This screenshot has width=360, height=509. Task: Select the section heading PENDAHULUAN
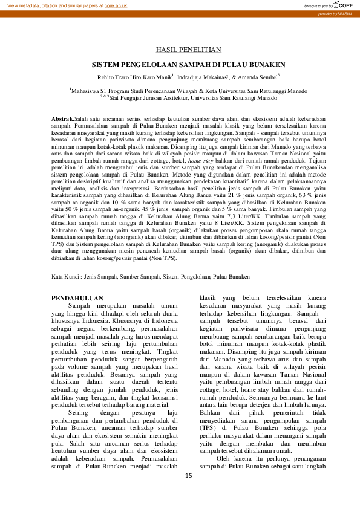pos(77,299)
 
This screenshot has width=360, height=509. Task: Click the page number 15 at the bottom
pos(188,476)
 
